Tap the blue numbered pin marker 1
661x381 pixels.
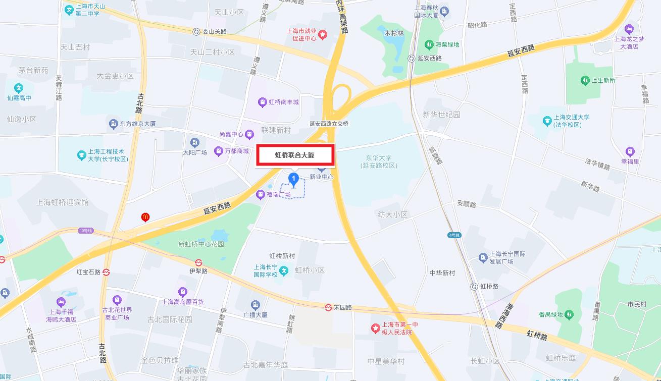(293, 179)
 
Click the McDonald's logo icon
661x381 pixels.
(145, 217)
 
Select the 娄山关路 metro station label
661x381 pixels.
(214, 31)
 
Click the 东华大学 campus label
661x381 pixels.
(379, 161)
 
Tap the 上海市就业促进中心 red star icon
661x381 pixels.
(323, 34)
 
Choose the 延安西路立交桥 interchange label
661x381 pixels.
(329, 124)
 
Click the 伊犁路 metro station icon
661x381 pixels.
(199, 262)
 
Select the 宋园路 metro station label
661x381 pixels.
(342, 307)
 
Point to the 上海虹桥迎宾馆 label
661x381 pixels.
(63, 202)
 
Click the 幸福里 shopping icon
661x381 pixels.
(630, 151)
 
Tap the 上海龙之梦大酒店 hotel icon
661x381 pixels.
(629, 28)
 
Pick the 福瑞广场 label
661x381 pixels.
(278, 194)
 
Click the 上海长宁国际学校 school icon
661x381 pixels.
(284, 271)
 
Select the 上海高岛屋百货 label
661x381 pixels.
(183, 302)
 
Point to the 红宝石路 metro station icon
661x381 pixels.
(107, 271)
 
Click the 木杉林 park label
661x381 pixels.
(394, 33)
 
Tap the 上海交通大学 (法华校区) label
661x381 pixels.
(571, 121)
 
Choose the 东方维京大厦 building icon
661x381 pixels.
(113, 124)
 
